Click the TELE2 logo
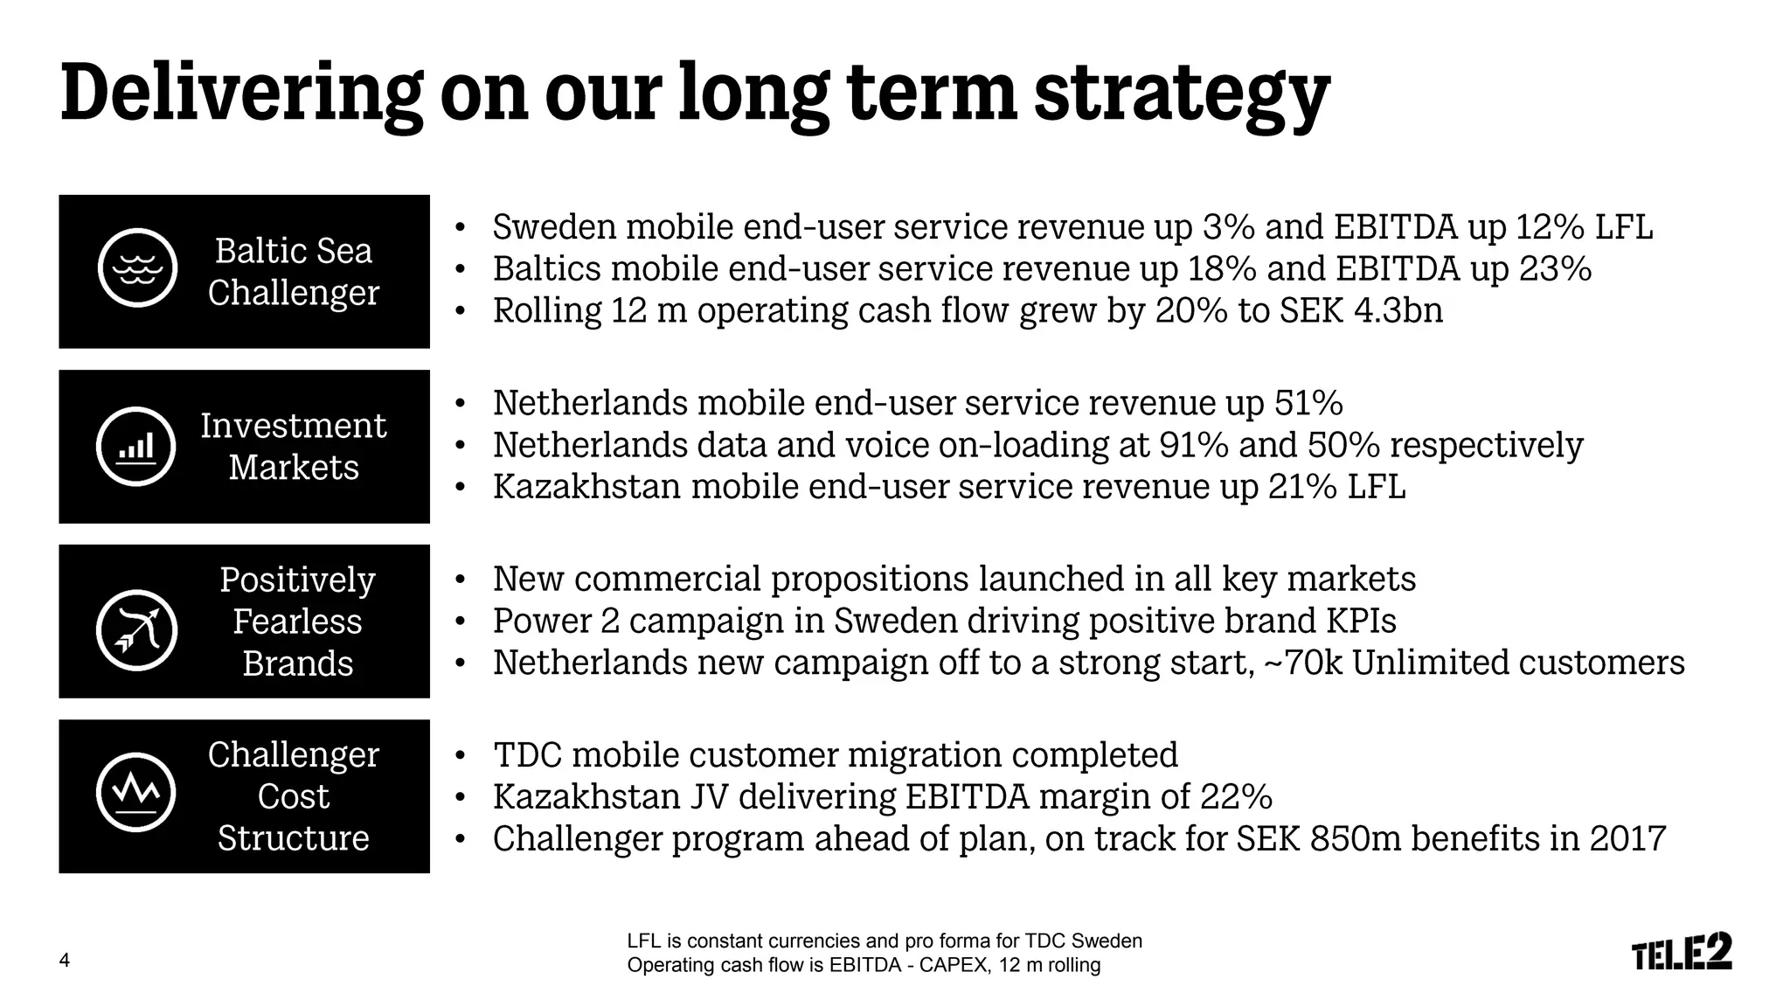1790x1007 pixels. [1682, 952]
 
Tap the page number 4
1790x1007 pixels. [65, 961]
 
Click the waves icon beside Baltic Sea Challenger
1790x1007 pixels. [137, 268]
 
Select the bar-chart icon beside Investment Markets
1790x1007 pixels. [136, 446]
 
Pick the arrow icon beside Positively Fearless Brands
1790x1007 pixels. [136, 630]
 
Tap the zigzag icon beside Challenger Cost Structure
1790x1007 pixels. [136, 792]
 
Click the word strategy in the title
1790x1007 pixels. [1182, 94]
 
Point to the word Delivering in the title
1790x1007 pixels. [241, 94]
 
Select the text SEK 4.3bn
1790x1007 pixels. [1361, 310]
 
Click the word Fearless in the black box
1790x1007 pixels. [297, 622]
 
